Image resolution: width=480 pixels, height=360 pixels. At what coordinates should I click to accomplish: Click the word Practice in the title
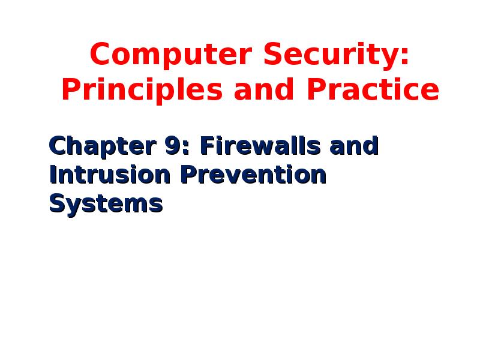373,90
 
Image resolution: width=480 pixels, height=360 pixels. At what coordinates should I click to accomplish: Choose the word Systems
106,204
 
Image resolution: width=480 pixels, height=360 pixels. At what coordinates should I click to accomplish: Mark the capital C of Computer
100,56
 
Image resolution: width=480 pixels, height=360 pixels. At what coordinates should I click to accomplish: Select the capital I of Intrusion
53,175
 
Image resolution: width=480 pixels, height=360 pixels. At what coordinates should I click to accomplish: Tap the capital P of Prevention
187,175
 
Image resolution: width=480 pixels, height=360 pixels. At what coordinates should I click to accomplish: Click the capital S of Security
269,56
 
